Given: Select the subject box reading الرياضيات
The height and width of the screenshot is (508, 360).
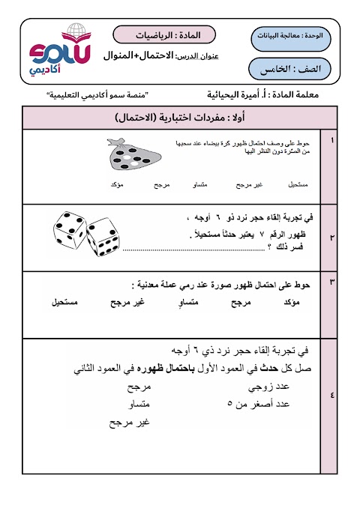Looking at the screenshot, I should (x=164, y=35).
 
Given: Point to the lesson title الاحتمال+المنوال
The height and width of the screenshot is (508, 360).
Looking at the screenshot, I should (x=142, y=57).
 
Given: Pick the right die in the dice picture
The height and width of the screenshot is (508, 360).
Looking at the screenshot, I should (x=103, y=241).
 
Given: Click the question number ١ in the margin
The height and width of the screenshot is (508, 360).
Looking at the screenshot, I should (x=332, y=140).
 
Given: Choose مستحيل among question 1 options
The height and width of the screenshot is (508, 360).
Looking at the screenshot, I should (x=298, y=184).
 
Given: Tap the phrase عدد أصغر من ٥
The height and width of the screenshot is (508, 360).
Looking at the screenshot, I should (x=258, y=404).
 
